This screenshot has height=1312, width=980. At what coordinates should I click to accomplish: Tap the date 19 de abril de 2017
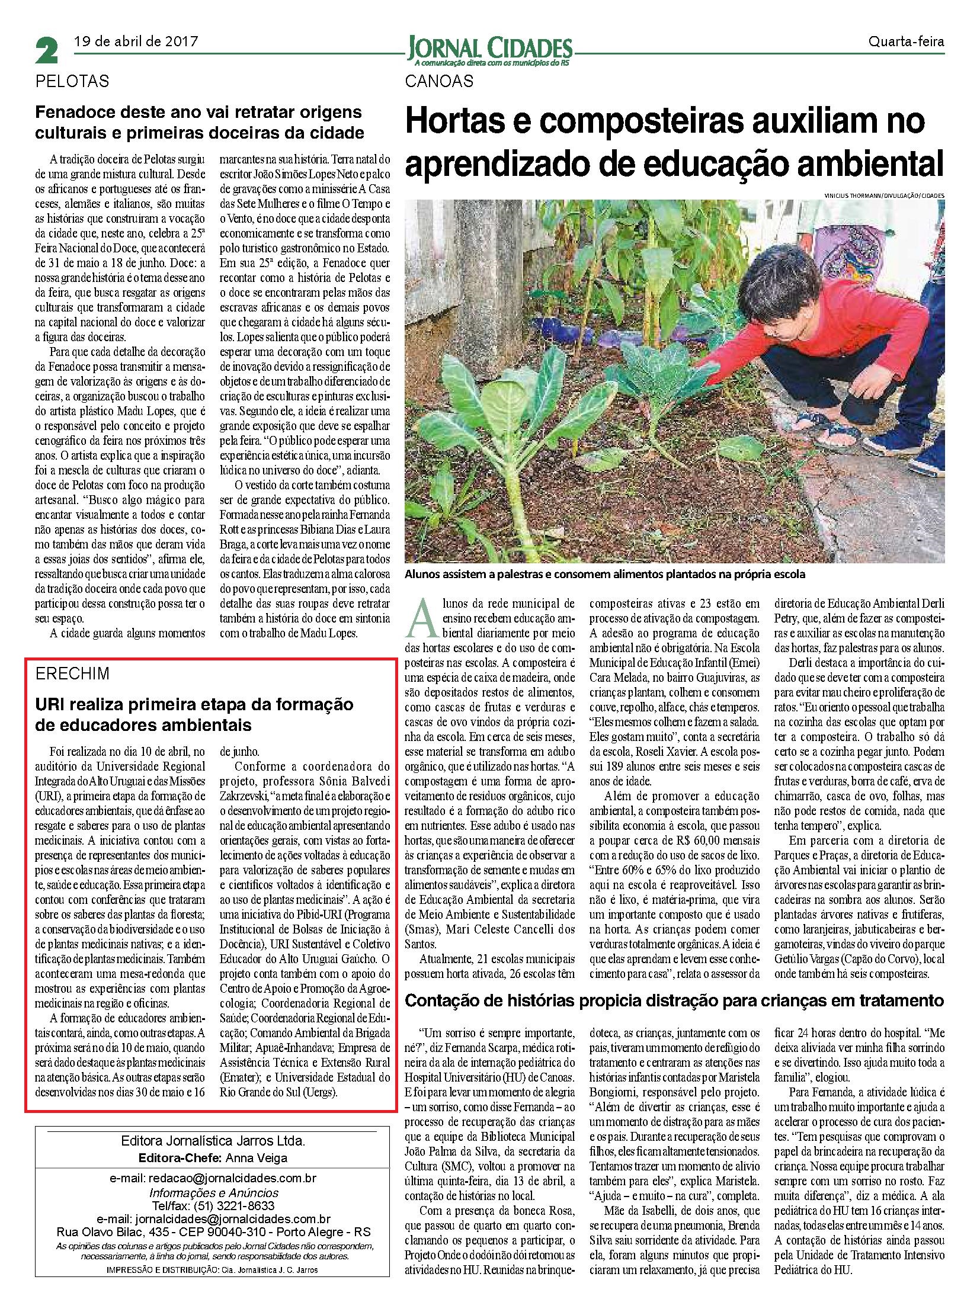pos(136,41)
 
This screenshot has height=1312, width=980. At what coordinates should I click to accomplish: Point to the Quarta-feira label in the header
pos(906,42)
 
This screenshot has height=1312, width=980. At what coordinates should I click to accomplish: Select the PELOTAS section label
pos(73,81)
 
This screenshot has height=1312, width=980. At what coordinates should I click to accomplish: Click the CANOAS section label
pos(440,81)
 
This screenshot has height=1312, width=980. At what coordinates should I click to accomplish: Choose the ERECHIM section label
pos(72,674)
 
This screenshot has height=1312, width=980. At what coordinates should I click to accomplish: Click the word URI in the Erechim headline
pos(49,704)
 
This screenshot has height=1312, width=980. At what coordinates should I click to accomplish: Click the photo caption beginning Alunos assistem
pos(605,575)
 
